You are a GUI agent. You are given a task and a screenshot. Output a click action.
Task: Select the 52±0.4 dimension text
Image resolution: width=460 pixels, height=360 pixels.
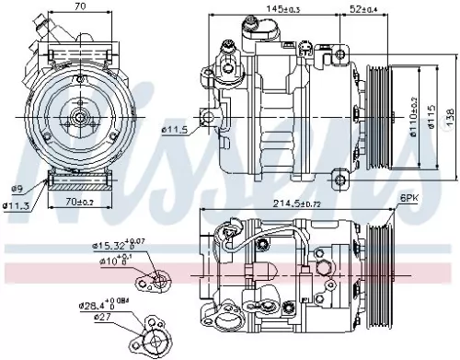coord(361,10)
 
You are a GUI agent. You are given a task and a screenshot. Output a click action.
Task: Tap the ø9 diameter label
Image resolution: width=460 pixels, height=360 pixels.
coord(17,189)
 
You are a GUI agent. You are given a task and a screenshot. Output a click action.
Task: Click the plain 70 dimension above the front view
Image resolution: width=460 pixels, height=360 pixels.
coord(80,7)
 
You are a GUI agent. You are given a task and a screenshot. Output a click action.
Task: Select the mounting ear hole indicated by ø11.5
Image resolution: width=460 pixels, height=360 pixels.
coord(208,117)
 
